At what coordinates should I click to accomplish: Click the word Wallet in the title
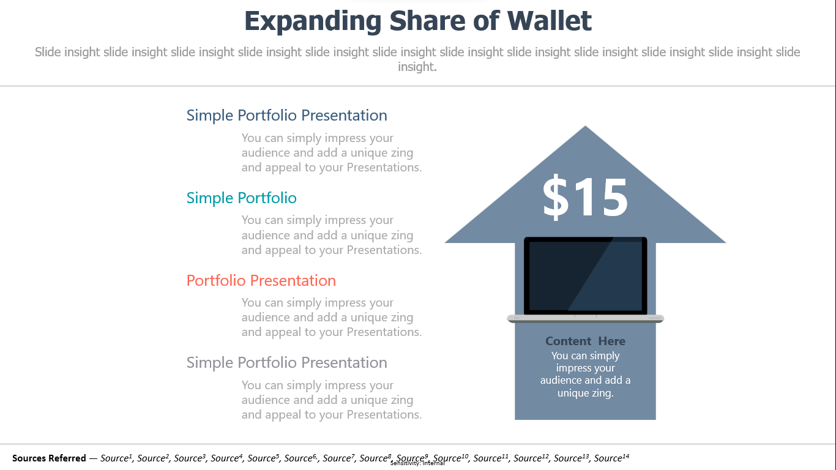point(549,21)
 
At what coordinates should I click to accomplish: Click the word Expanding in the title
point(313,21)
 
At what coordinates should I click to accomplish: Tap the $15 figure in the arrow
point(585,197)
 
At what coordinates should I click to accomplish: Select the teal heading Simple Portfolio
point(242,198)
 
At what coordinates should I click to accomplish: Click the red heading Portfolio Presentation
point(261,280)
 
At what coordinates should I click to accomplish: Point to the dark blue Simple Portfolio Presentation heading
point(286,115)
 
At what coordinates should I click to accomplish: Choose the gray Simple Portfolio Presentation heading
point(286,362)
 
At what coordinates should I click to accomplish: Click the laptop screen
point(585,275)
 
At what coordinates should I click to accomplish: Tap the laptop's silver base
point(585,318)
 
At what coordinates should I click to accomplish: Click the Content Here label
point(585,341)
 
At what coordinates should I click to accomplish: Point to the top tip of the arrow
point(585,126)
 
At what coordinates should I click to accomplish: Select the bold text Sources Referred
point(49,458)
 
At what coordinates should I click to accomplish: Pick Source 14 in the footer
point(611,458)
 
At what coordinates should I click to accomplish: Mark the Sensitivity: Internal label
point(417,463)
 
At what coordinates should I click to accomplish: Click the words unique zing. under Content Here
point(585,393)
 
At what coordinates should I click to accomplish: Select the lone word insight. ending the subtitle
point(417,67)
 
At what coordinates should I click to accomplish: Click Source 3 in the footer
point(190,458)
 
